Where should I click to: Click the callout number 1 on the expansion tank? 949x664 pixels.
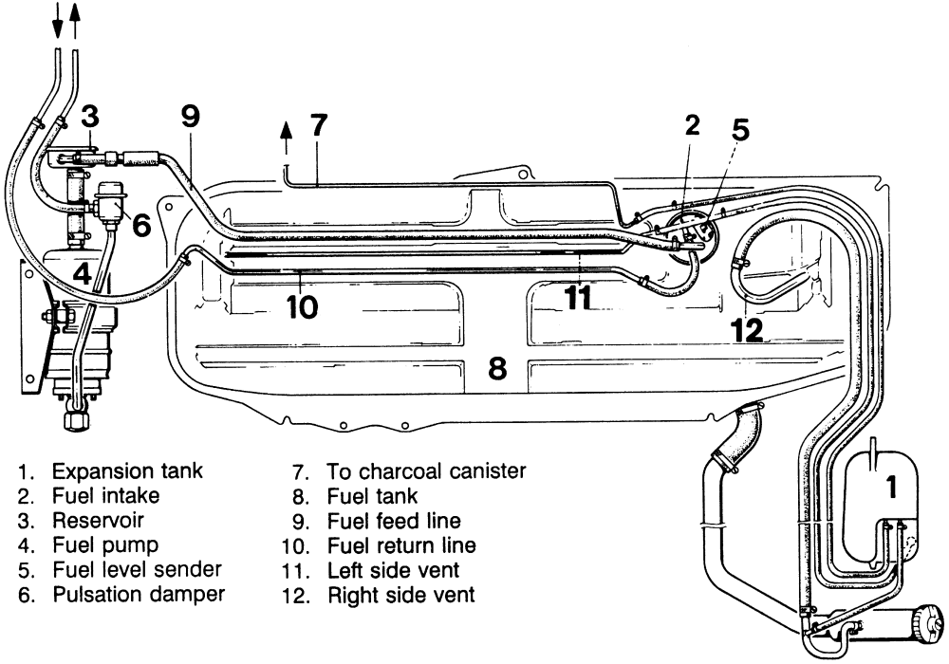pyautogui.click(x=891, y=488)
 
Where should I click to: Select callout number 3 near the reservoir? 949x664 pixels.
pyautogui.click(x=88, y=117)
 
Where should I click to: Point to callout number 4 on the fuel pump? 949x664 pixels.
pyautogui.click(x=83, y=275)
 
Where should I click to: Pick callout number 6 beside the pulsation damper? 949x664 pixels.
pyautogui.click(x=140, y=225)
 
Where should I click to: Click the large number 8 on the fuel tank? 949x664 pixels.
pyautogui.click(x=497, y=368)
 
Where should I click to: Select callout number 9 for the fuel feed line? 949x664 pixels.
pyautogui.click(x=191, y=117)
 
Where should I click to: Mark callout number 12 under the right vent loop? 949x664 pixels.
pyautogui.click(x=747, y=329)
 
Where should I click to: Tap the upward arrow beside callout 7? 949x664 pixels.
pyautogui.click(x=286, y=137)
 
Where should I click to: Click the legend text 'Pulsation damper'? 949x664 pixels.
pyautogui.click(x=139, y=595)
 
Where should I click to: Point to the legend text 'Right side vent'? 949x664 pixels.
pyautogui.click(x=400, y=595)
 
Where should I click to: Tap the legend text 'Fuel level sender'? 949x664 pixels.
pyautogui.click(x=137, y=570)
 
